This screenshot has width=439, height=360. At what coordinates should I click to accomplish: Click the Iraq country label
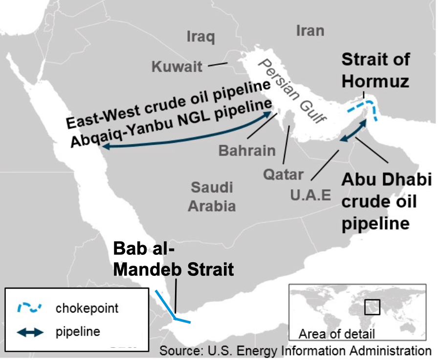point(201,37)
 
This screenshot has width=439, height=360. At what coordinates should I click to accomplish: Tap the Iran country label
point(310,30)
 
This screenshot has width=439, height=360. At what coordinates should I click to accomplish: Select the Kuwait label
point(176,67)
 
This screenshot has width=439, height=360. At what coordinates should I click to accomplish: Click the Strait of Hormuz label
point(375,70)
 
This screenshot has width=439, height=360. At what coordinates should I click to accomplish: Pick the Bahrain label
point(247,150)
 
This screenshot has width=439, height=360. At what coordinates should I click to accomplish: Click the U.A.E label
point(310,195)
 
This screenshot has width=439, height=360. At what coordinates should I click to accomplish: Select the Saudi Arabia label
point(212,196)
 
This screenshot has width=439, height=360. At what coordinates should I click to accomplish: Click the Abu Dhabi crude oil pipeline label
point(386,202)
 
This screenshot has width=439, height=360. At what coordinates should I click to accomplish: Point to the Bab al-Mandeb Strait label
point(174,259)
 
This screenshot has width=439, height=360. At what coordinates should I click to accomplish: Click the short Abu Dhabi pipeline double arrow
point(353,131)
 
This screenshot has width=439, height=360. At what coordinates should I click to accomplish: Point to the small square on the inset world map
point(373,307)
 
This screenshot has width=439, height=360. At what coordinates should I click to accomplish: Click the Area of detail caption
point(337,334)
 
